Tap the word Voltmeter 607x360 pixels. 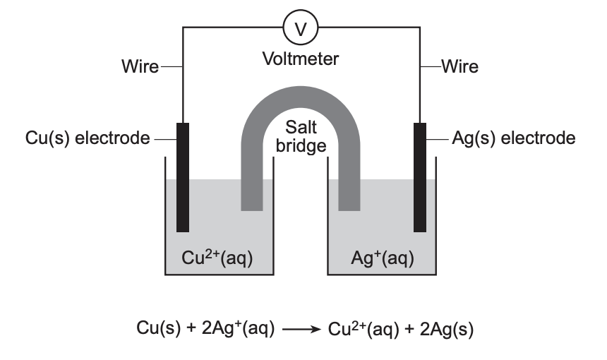pyautogui.click(x=301, y=59)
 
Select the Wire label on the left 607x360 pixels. pyautogui.click(x=140, y=67)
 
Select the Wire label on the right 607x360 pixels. pyautogui.click(x=459, y=67)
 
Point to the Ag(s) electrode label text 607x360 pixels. pyautogui.click(x=513, y=138)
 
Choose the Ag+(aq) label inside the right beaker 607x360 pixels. pyautogui.click(x=382, y=259)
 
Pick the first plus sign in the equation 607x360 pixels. pyautogui.click(x=186, y=328)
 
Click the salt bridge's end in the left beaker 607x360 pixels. pyautogui.click(x=252, y=201)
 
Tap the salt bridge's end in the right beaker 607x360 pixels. pyautogui.click(x=350, y=201)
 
